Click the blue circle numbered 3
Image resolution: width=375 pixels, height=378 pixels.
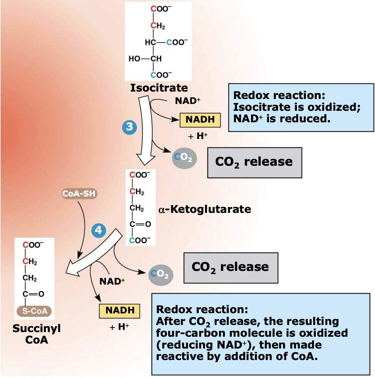click(130, 127)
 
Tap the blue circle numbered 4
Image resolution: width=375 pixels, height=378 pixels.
click(99, 230)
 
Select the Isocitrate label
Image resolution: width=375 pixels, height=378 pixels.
click(159, 88)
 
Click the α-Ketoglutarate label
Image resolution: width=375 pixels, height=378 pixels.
click(205, 209)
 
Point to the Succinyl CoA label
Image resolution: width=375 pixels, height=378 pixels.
click(37, 334)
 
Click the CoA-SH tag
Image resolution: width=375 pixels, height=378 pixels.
click(79, 194)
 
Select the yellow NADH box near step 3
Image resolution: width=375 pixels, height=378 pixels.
click(200, 120)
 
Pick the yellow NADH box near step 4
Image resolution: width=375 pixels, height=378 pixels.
click(120, 311)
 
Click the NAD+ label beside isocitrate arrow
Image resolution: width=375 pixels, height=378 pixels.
click(187, 101)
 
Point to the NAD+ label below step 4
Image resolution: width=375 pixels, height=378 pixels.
click(112, 281)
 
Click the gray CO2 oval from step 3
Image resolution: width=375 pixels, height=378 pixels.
click(184, 158)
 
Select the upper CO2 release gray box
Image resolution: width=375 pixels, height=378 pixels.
click(254, 162)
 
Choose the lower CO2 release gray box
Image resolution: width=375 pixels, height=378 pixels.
click(231, 268)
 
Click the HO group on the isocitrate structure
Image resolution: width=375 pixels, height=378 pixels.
click(135, 59)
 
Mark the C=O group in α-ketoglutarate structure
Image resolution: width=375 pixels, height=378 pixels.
click(140, 224)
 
